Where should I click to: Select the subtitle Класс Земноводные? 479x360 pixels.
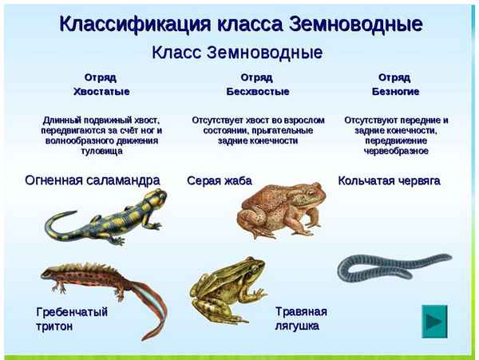click(x=237, y=53)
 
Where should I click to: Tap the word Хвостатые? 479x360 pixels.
click(x=101, y=92)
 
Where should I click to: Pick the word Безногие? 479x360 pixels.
click(x=395, y=92)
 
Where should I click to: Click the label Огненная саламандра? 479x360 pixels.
click(x=93, y=180)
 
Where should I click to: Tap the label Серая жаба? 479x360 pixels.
click(x=220, y=181)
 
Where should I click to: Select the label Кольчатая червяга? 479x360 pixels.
click(x=390, y=181)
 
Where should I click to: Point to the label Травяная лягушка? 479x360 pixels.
click(x=302, y=318)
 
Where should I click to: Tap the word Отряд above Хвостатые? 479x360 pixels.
click(x=101, y=77)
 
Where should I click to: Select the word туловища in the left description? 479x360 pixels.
click(x=101, y=150)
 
